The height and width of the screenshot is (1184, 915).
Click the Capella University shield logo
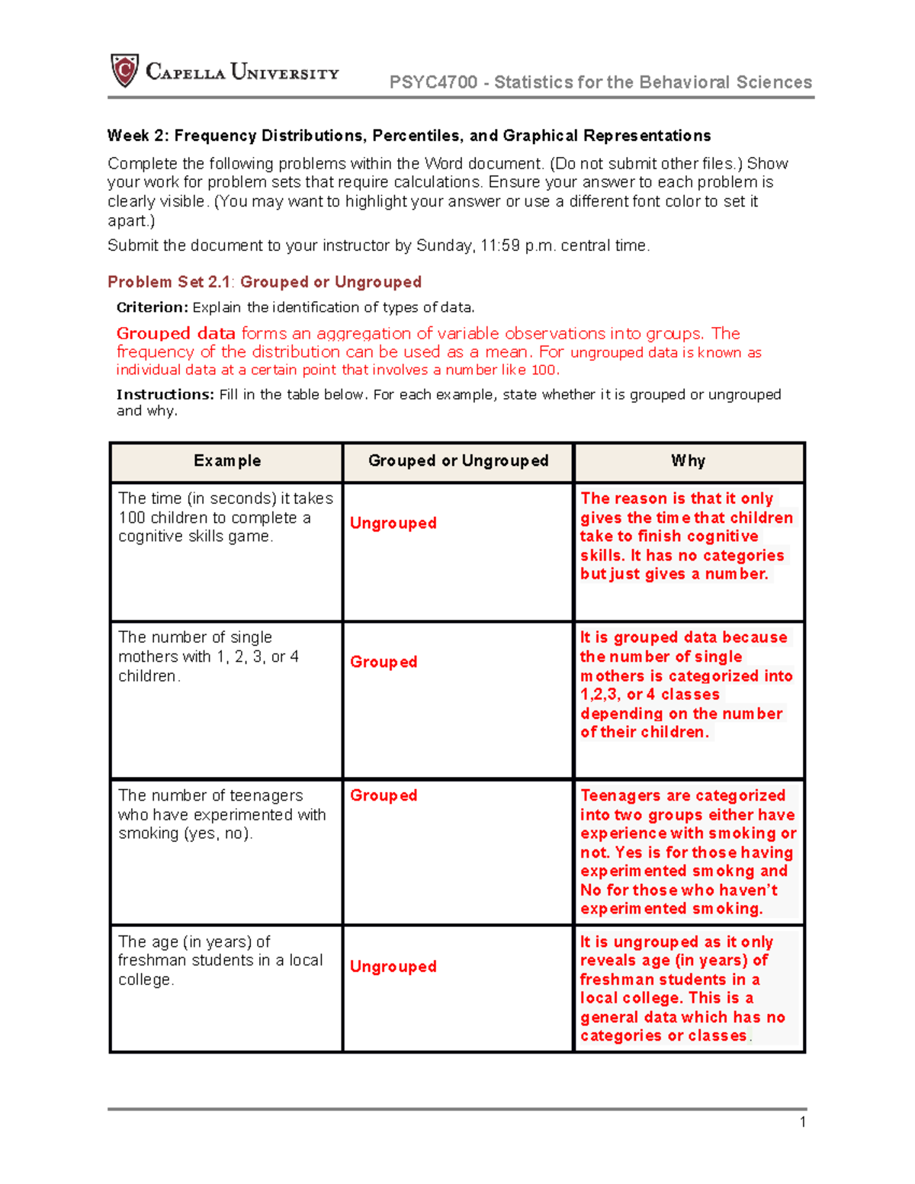tap(125, 71)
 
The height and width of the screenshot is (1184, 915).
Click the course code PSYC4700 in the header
tap(433, 82)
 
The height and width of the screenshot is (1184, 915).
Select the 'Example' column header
tap(227, 461)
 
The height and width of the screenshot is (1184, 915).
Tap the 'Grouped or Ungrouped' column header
tap(458, 461)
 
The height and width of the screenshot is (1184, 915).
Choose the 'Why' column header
tap(689, 461)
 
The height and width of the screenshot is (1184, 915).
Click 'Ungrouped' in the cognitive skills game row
tap(393, 523)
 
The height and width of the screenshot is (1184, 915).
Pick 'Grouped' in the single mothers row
tap(384, 662)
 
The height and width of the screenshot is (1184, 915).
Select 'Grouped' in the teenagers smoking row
tap(384, 795)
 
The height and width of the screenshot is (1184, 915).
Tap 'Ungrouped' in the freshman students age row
tap(393, 967)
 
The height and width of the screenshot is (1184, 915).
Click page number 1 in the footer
tap(803, 1121)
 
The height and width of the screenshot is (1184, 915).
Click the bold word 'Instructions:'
tap(165, 394)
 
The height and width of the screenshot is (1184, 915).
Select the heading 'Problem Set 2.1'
tap(169, 282)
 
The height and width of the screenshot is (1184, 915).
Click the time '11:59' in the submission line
tap(500, 245)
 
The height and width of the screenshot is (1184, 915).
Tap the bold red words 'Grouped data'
tap(175, 333)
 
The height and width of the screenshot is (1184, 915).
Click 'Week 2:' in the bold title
tap(138, 136)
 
